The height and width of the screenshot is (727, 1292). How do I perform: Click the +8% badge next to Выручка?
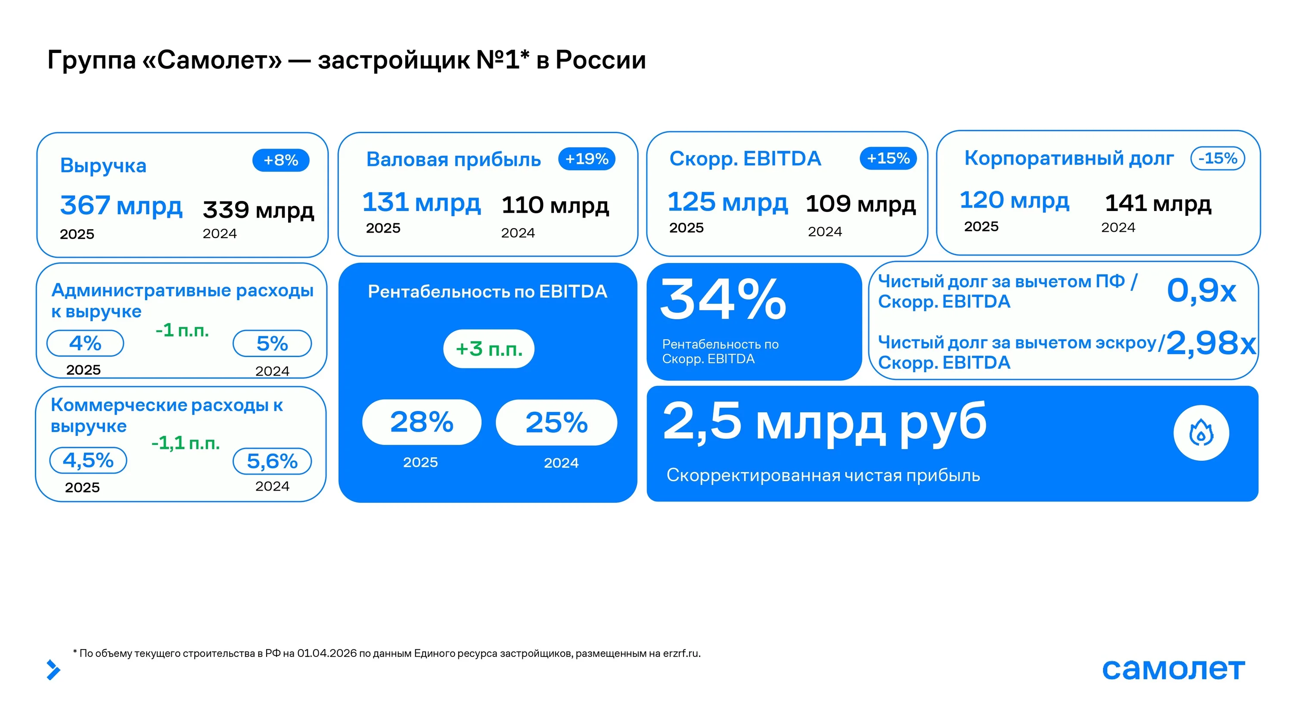(281, 160)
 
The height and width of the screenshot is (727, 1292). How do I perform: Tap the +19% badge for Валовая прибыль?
(587, 158)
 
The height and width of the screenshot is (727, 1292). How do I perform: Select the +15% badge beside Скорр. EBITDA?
(888, 158)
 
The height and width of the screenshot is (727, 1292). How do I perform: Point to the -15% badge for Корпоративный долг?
(1218, 158)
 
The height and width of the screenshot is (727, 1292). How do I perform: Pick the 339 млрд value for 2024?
(258, 209)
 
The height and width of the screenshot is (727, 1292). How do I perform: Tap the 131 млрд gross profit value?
(421, 202)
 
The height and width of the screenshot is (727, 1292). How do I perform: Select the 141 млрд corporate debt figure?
(1158, 203)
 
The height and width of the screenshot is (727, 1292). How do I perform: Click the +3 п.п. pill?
(489, 349)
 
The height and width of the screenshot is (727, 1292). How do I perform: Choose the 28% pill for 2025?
(422, 422)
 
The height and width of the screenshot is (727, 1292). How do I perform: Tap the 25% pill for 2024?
(556, 423)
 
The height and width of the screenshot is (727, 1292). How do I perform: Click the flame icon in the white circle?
(1201, 433)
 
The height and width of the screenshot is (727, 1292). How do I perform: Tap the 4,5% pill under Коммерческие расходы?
(88, 460)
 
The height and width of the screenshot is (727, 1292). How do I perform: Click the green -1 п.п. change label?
(182, 330)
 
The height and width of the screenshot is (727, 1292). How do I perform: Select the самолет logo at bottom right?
(1174, 669)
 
